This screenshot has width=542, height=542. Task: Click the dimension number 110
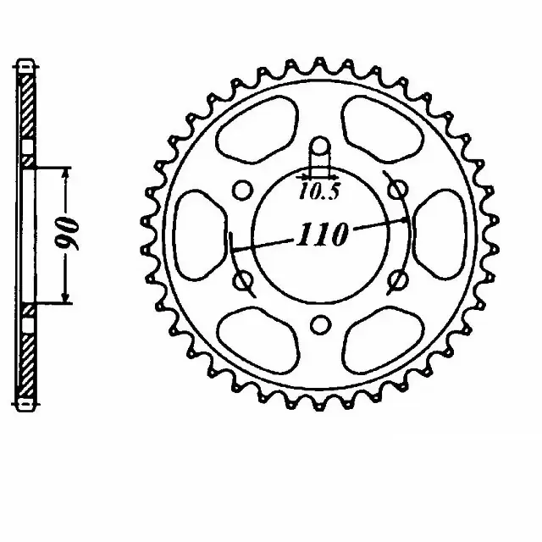[x=322, y=235]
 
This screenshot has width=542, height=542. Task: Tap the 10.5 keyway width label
[x=318, y=192]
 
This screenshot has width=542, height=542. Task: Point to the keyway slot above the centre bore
[x=320, y=154]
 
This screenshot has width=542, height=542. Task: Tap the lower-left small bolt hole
[x=242, y=279]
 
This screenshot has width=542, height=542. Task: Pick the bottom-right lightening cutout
[x=385, y=339]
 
